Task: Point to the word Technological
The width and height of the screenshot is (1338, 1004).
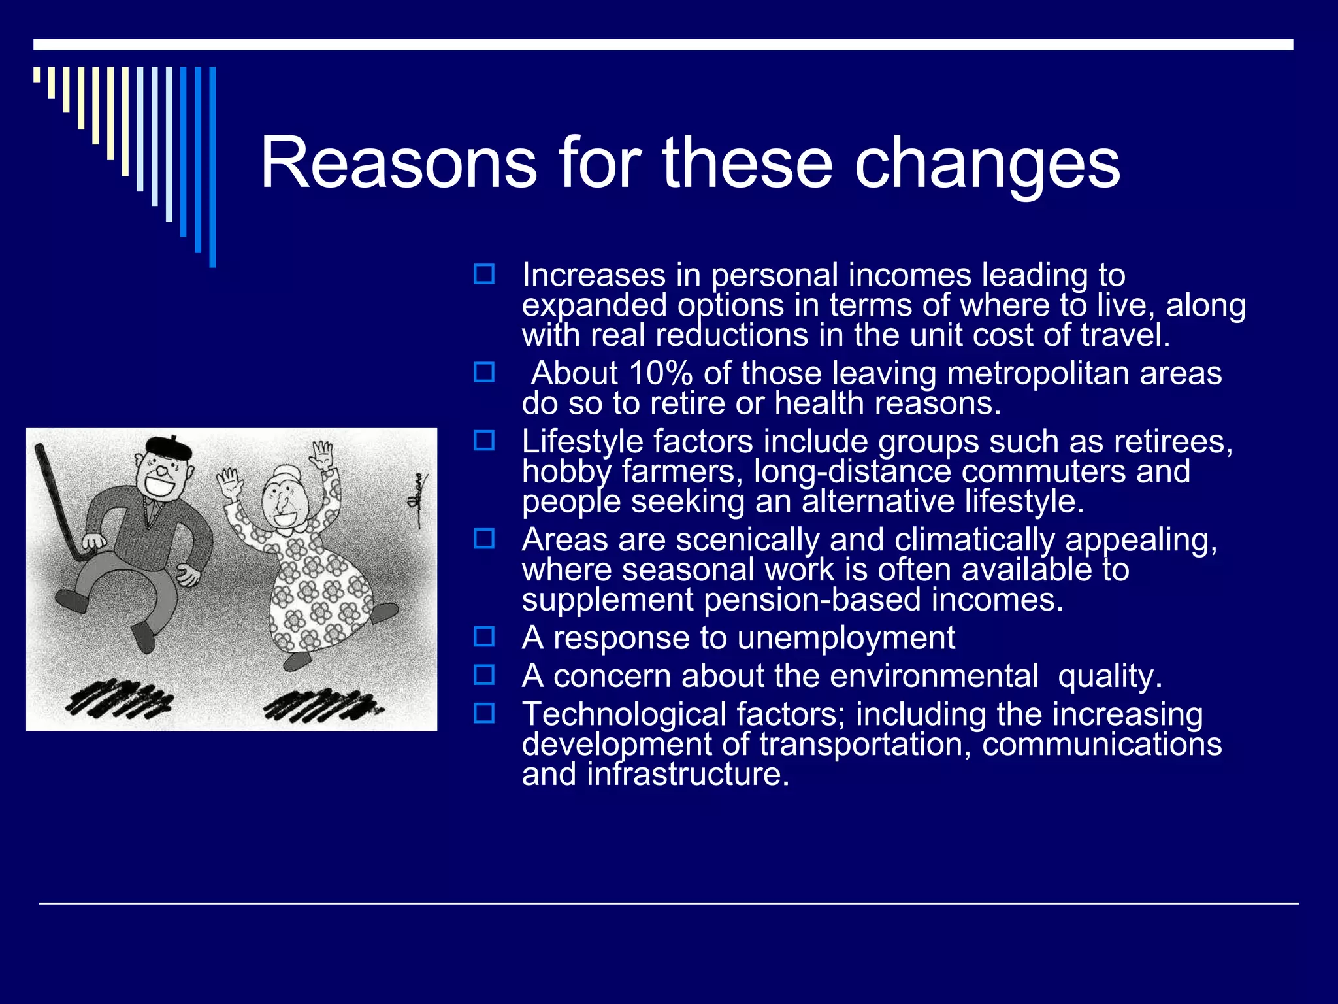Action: [x=624, y=714]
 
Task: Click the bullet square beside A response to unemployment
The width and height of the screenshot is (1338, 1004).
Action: [x=484, y=636]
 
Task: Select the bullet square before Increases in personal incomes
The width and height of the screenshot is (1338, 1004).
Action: [x=484, y=274]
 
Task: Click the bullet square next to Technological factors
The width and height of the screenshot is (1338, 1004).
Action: [x=484, y=712]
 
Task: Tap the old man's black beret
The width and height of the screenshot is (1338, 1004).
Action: [x=169, y=446]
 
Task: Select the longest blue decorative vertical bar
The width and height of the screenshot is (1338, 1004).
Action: [x=212, y=167]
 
